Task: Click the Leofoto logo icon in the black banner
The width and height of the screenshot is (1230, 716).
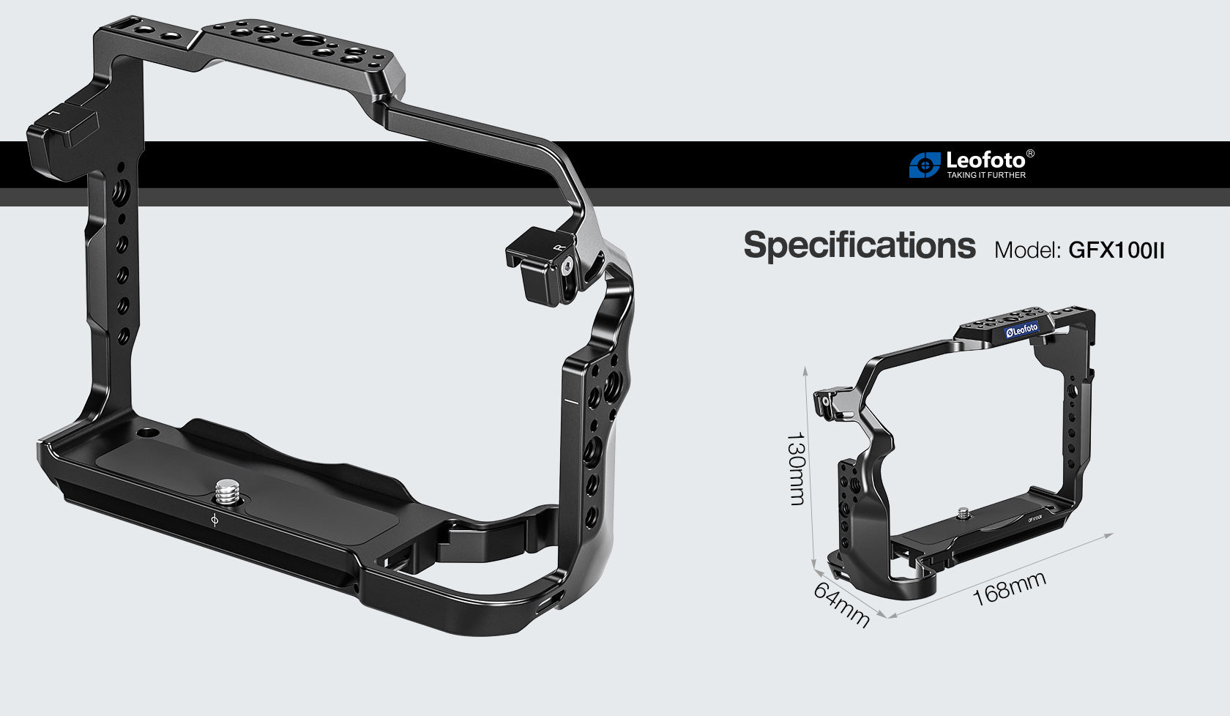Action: click(924, 165)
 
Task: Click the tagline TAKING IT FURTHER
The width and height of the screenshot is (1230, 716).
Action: click(986, 176)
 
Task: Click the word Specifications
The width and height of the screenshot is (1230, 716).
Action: click(859, 245)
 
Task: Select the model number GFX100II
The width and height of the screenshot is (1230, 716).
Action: click(1116, 250)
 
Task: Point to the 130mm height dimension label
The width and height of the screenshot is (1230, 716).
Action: click(796, 469)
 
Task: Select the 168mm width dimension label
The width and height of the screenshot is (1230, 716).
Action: click(1009, 589)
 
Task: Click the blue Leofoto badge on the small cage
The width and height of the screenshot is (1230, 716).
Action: click(1022, 330)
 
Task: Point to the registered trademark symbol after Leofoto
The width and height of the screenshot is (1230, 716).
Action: click(1030, 154)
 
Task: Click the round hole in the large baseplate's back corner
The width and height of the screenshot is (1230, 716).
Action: click(149, 432)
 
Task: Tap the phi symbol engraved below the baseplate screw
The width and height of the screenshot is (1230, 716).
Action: click(214, 521)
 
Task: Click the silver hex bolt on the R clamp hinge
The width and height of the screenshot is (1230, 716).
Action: click(567, 267)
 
